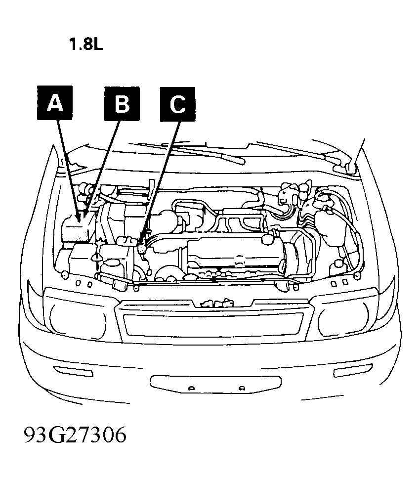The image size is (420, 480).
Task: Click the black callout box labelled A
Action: tap(55, 103)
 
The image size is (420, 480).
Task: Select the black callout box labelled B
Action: tap(122, 103)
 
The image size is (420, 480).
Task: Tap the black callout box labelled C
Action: tap(177, 104)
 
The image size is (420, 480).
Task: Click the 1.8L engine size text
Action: tap(86, 44)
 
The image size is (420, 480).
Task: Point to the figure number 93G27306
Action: tap(75, 435)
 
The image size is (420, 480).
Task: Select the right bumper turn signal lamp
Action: tap(353, 370)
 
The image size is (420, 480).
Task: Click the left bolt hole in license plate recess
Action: tap(191, 389)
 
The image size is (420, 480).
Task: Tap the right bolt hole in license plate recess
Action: tap(242, 389)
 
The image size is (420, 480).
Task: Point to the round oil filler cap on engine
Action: tap(268, 238)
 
